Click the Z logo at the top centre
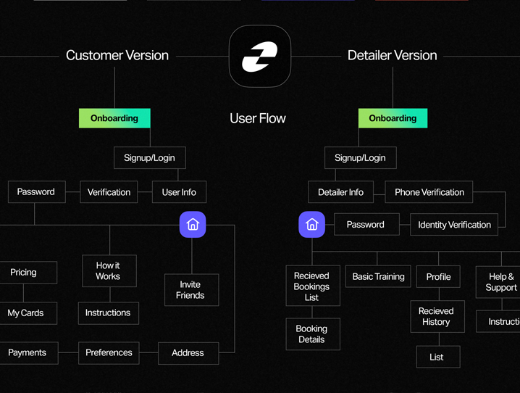click(x=260, y=57)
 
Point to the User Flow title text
click(x=258, y=118)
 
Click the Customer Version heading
click(x=117, y=55)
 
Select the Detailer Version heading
click(x=392, y=55)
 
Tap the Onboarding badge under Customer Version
click(x=114, y=118)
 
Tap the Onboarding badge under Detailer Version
click(x=393, y=118)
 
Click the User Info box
click(x=179, y=192)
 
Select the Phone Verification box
click(x=429, y=192)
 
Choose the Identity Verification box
click(x=454, y=225)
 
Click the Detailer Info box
click(x=340, y=192)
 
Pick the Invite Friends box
click(x=190, y=290)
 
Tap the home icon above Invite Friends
click(x=193, y=225)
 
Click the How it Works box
click(x=109, y=271)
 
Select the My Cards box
click(x=26, y=313)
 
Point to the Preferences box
click(x=109, y=353)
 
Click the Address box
click(x=188, y=353)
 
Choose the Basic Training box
click(x=378, y=277)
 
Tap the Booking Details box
click(x=312, y=334)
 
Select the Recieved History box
click(x=436, y=316)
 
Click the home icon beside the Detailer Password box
click(x=312, y=225)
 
